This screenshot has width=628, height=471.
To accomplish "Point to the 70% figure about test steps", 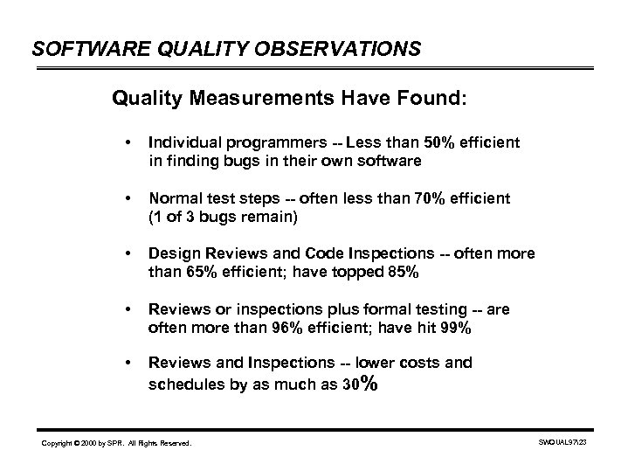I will click(431, 198).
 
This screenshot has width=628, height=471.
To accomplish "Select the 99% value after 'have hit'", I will click(458, 328).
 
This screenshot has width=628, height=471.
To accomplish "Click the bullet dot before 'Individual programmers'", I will click(128, 142).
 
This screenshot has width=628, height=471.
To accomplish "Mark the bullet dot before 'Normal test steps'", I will click(128, 198).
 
